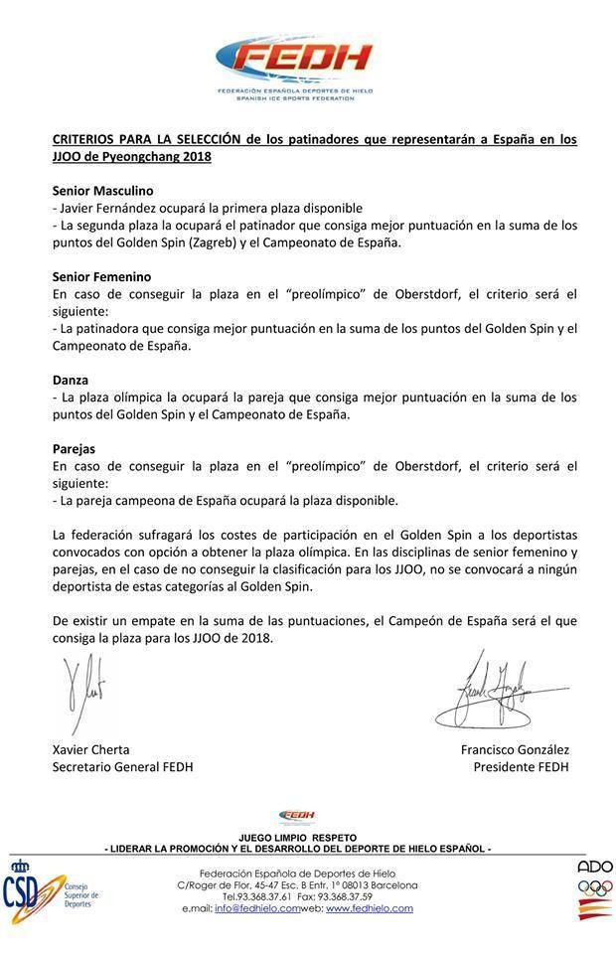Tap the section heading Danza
[x=71, y=380]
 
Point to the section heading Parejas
[x=74, y=448]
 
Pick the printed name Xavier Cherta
[x=90, y=749]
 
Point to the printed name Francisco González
[x=515, y=749]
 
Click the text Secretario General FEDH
[x=122, y=767]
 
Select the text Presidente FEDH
[x=521, y=767]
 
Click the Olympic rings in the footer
[x=595, y=888]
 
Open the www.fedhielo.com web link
[x=369, y=908]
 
